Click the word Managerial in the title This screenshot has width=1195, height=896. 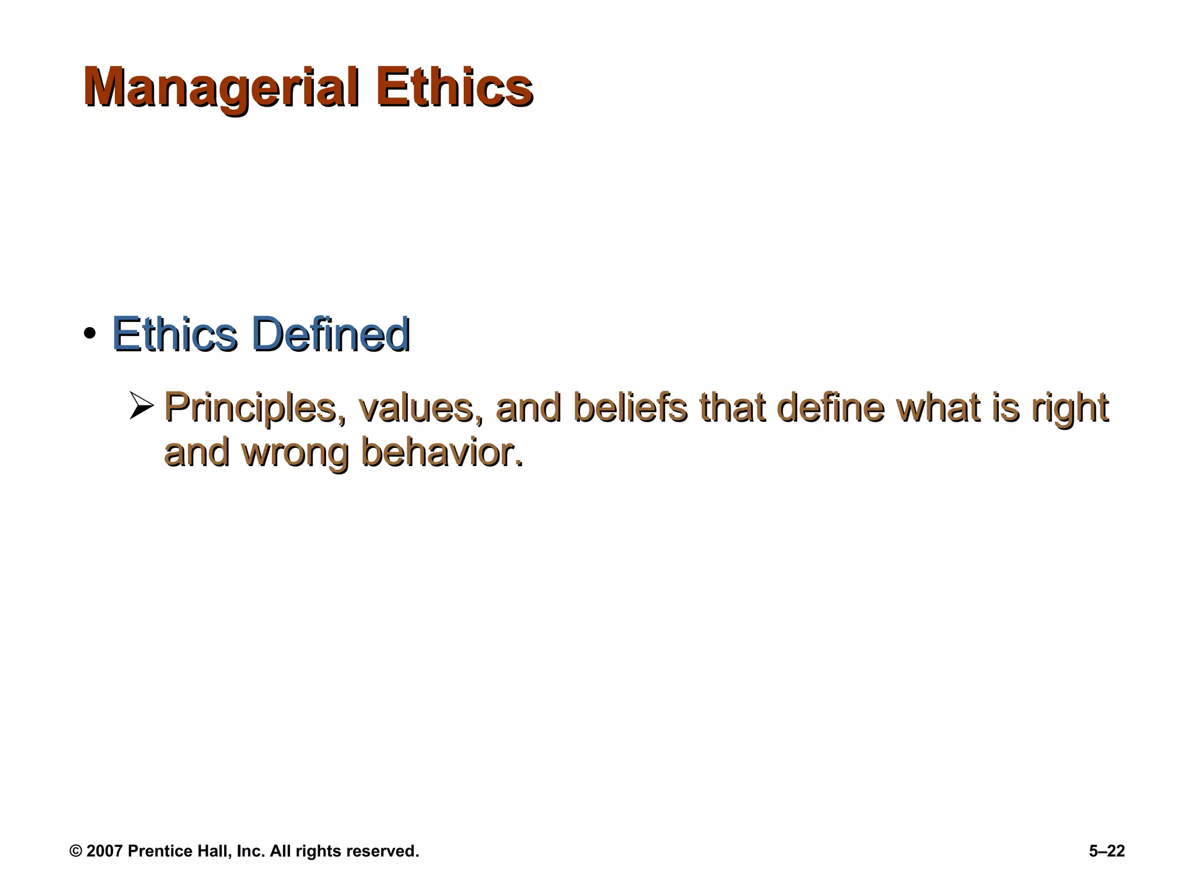pos(221,87)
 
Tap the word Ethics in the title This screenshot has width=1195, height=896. pos(455,87)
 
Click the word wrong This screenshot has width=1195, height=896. pos(295,452)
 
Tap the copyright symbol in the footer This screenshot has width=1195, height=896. pos(75,851)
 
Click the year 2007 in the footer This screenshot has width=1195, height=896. pos(104,851)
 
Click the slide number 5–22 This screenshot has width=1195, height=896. pos(1107,851)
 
